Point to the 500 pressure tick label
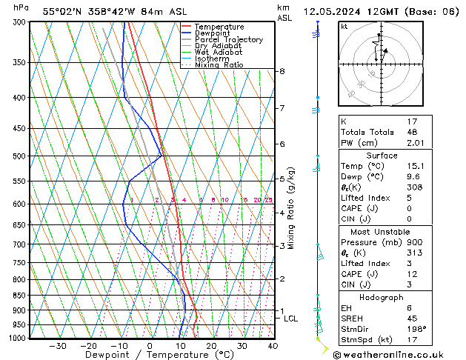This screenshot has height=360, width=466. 20,156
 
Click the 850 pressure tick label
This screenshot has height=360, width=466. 20,296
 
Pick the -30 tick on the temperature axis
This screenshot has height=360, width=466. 57,346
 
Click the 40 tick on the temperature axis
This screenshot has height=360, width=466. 273,346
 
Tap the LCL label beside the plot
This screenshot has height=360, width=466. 291,319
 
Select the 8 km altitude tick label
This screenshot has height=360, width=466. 282,71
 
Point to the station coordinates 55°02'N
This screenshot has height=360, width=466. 60,11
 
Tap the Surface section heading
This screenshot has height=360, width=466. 382,156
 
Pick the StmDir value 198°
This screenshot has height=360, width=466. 418,329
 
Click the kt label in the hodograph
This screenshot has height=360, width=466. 344,26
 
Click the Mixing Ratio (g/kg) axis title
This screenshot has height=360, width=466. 291,208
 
